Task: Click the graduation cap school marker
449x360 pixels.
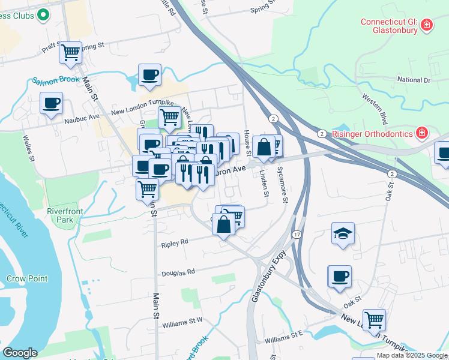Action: tap(343, 233)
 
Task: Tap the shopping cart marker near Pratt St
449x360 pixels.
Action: tap(70, 52)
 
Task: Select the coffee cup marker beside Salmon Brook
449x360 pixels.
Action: tap(149, 75)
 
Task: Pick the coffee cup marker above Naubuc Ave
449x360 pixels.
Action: tap(51, 103)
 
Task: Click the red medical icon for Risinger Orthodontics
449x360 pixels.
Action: tap(423, 132)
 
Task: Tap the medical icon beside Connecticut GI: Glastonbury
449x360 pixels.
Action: tap(426, 25)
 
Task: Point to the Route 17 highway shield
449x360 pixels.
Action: tap(297, 234)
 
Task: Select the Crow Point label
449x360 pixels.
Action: tap(27, 278)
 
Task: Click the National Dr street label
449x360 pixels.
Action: tap(414, 79)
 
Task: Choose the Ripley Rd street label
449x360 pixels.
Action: tap(175, 242)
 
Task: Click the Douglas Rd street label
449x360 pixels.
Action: tap(178, 272)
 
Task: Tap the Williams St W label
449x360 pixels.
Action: tap(182, 322)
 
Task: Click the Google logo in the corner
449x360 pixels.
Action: tap(20, 353)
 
